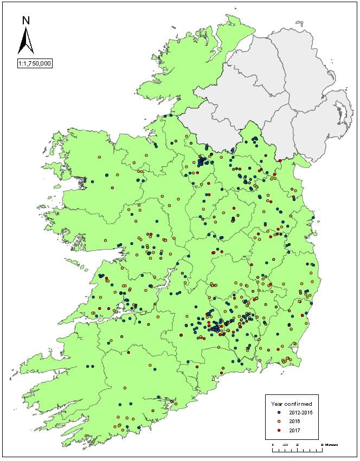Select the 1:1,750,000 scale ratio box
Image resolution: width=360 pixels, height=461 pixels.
[x=34, y=62]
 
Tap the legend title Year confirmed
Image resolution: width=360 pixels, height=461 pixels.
[x=291, y=404]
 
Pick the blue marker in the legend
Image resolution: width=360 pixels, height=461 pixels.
[x=279, y=413]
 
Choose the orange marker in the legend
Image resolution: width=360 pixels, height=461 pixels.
[x=279, y=421]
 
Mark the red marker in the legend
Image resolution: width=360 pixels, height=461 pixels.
[x=279, y=430]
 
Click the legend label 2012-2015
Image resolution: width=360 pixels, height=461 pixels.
[x=300, y=413]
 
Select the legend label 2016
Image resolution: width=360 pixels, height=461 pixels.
[x=294, y=421]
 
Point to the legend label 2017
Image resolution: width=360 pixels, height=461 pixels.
[x=294, y=430]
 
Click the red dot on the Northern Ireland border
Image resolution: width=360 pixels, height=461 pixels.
[x=280, y=160]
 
